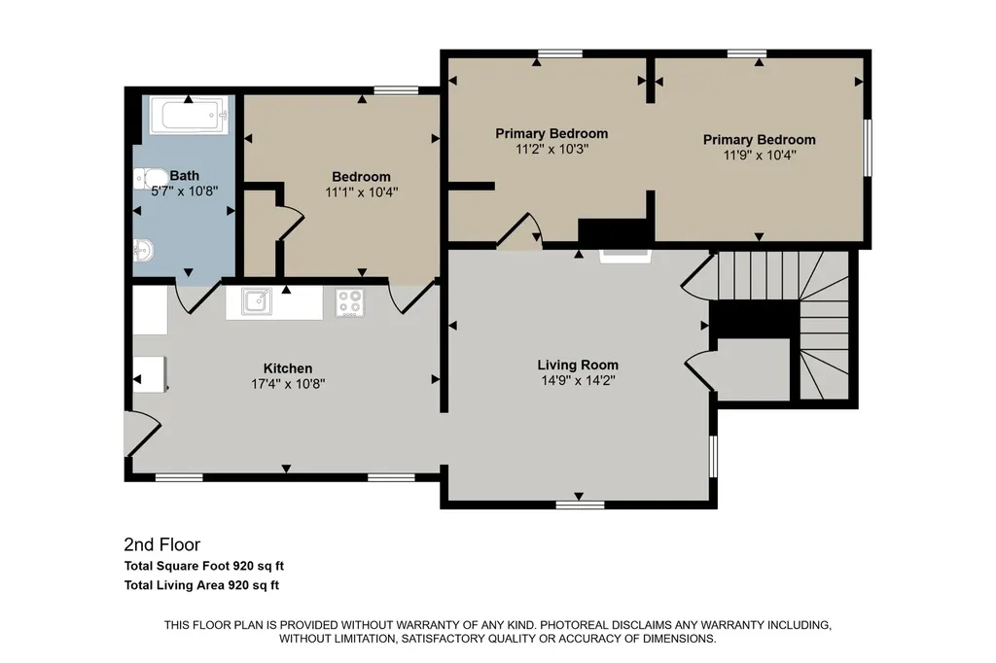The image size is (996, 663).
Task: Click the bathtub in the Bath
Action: click(189, 115)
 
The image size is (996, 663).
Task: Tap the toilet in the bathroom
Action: click(146, 179)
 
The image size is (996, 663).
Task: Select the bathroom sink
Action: click(143, 250)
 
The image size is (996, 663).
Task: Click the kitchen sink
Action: click(257, 301)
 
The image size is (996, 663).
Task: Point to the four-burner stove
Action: click(350, 302)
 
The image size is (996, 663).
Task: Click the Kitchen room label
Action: click(288, 368)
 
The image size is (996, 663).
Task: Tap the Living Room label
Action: click(578, 366)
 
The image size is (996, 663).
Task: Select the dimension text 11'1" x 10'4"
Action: click(362, 192)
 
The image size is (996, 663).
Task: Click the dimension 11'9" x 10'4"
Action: click(759, 155)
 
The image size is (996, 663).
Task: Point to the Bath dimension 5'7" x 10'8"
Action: click(184, 192)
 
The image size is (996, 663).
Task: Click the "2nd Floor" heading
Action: click(162, 544)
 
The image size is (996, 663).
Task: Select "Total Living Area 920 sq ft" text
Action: click(201, 585)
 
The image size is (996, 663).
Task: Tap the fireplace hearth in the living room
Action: click(625, 256)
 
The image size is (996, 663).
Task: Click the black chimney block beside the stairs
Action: click(754, 320)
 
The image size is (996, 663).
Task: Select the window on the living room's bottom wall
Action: click(580, 505)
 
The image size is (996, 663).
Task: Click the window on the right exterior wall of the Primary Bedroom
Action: click(867, 148)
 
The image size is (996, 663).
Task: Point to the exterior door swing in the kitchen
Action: click(143, 434)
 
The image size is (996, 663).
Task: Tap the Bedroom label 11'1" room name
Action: click(361, 177)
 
